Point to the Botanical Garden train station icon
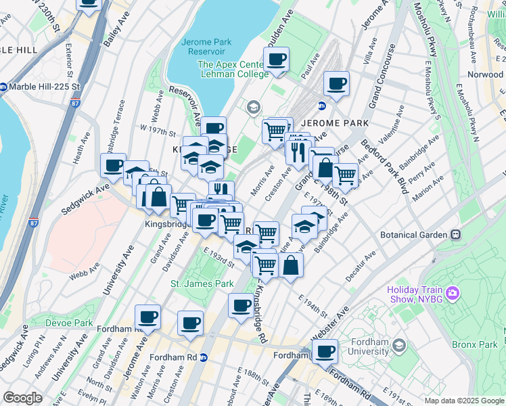[456, 235]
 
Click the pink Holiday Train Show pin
[453, 294]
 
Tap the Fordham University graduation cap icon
[398, 346]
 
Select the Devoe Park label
[68, 323]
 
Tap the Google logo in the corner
[22, 398]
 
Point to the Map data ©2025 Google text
[463, 401]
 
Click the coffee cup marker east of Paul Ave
[336, 85]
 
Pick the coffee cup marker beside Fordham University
[325, 352]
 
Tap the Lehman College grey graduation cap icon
[254, 107]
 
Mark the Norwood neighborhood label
[485, 74]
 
